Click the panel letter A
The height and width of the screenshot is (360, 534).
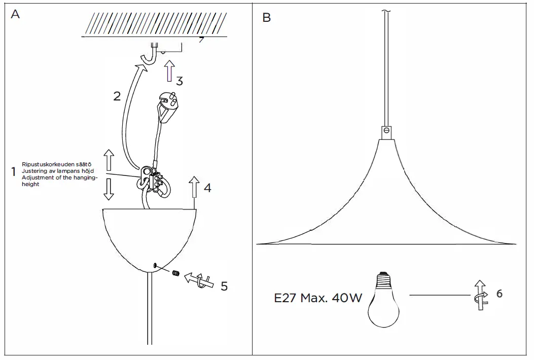tap(16, 15)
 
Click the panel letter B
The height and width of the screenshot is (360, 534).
tap(267, 18)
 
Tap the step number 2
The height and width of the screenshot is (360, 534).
tap(117, 96)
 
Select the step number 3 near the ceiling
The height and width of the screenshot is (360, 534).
tap(180, 80)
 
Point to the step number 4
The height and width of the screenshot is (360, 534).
tap(207, 188)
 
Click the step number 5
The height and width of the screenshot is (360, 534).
tap(224, 286)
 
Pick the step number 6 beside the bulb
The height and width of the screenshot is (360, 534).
tap(500, 294)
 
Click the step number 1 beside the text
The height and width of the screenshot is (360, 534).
tap(13, 172)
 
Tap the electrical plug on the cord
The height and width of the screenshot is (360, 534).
tap(168, 105)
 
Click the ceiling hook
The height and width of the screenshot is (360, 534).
tap(148, 56)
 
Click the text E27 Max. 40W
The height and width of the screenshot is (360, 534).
tap(318, 298)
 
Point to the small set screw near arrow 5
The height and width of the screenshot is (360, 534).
tap(176, 273)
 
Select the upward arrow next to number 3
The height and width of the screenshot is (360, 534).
tap(170, 71)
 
